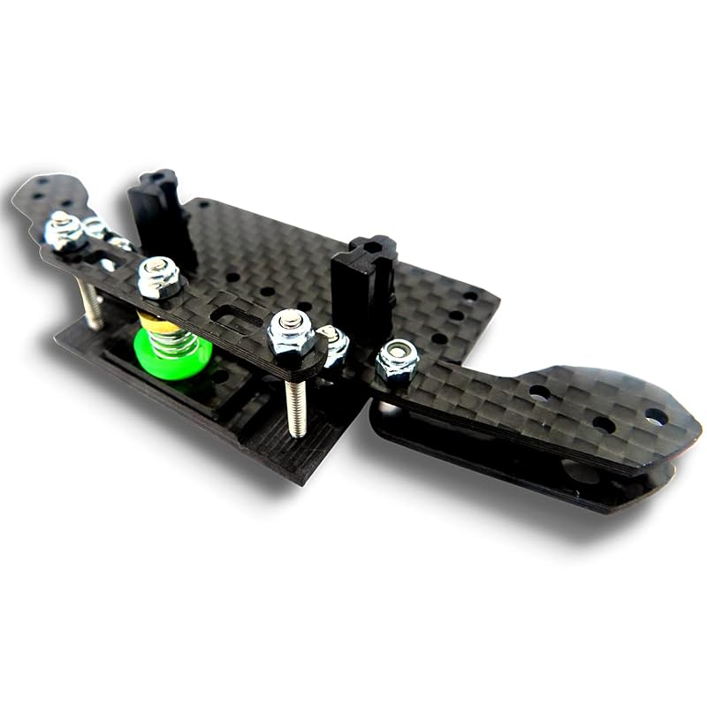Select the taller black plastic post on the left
pyautogui.click(x=159, y=212)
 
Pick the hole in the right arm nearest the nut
pyautogui.click(x=539, y=392)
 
